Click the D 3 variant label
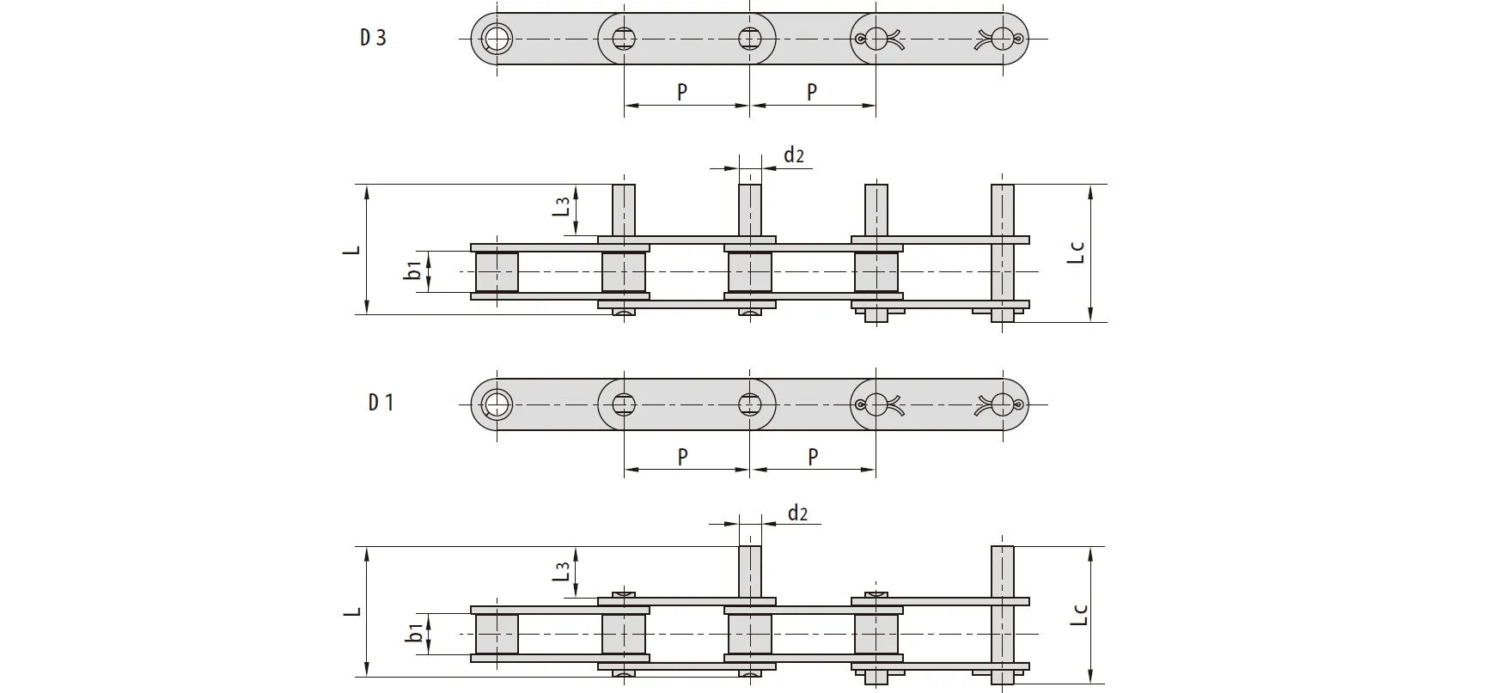pos(373,38)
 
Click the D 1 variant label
pos(381,402)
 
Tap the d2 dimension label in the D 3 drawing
pos(793,155)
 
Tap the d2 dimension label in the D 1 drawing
pos(797,513)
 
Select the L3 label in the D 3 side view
pos(561,206)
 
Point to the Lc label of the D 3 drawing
pos(1076,252)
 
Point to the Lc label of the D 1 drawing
pos(1079,615)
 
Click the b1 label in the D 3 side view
pos(413,270)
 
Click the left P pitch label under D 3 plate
pos(682,92)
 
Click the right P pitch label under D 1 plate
pos(813,457)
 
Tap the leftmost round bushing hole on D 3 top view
pos(496,38)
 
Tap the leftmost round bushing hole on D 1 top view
pos(496,403)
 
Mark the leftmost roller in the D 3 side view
pos(497,272)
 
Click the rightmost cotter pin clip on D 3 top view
pos(1002,38)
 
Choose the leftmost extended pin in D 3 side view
pos(624,210)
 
